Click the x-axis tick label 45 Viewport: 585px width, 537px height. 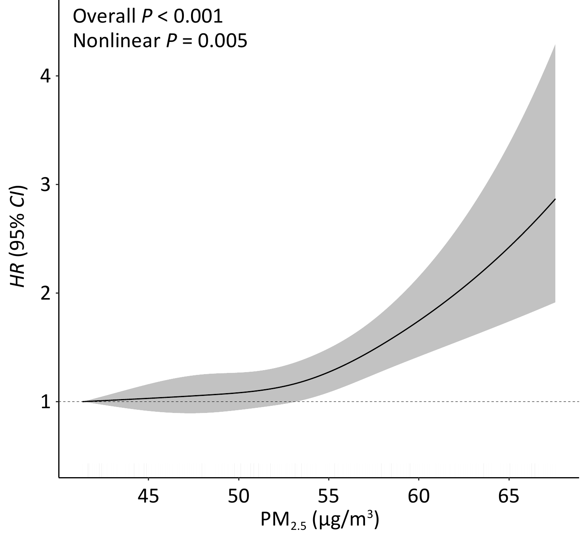tap(148, 496)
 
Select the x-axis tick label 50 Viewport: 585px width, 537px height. tap(239, 496)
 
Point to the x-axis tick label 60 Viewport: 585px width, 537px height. tap(419, 496)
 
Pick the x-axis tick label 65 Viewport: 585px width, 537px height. tap(509, 496)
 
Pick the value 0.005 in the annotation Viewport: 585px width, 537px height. tap(223, 40)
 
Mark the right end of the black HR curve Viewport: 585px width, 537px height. tap(555, 199)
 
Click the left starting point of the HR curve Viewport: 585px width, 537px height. tap(83, 401)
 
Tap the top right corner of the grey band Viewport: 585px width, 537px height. tap(555, 45)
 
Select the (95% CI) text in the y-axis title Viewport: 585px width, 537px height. tap(19, 222)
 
